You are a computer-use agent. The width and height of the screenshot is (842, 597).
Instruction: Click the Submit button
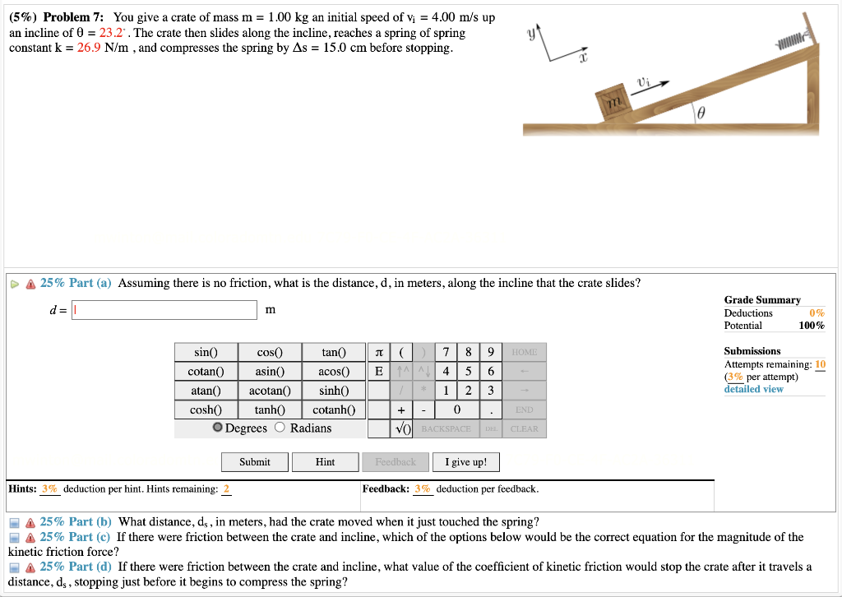click(254, 462)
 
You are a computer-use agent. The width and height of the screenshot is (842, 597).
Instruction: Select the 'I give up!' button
click(465, 462)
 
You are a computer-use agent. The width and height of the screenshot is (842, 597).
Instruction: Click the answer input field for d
click(164, 310)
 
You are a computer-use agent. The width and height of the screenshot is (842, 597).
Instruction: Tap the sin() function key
click(206, 353)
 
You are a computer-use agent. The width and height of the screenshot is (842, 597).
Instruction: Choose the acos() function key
click(333, 372)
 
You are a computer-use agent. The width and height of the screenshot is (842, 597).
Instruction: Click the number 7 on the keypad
click(445, 353)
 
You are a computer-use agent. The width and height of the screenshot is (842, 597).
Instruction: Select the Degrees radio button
click(217, 428)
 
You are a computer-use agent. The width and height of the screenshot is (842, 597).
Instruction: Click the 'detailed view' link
click(753, 389)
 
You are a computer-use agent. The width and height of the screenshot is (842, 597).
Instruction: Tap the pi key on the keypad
click(377, 353)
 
